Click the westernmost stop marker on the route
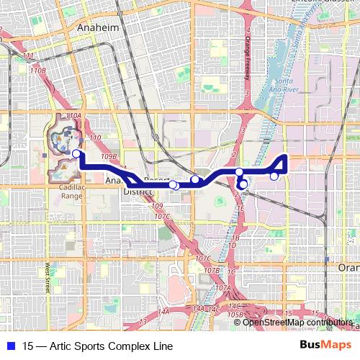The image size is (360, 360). pyautogui.click(x=76, y=153)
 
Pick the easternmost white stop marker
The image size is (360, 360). pyautogui.click(x=274, y=176)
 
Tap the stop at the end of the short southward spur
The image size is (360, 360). pyautogui.click(x=243, y=184)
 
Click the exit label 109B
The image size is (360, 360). pyautogui.click(x=109, y=156)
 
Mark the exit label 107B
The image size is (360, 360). pyautogui.click(x=211, y=270)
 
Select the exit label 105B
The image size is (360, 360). pyautogui.click(x=233, y=314)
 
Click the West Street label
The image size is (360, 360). pyautogui.click(x=48, y=276)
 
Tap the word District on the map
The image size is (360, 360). pyautogui.click(x=135, y=192)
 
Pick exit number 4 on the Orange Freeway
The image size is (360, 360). pyautogui.click(x=248, y=30)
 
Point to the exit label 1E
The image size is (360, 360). pyautogui.click(x=240, y=207)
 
